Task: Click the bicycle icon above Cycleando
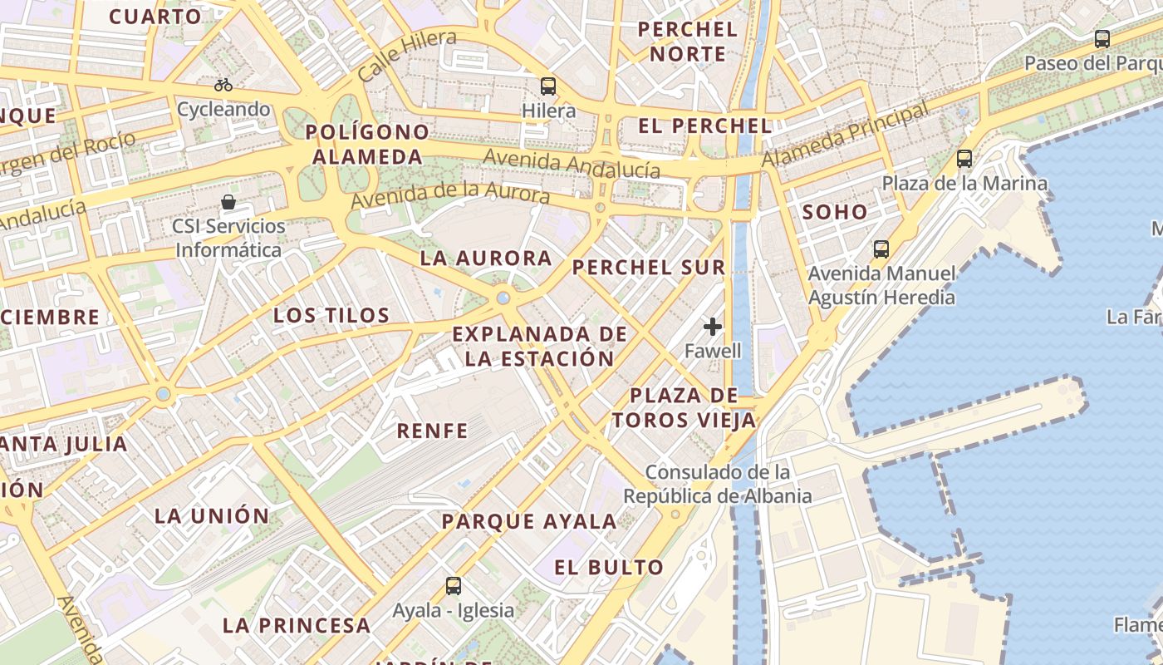click(x=223, y=85)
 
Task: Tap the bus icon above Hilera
click(x=548, y=86)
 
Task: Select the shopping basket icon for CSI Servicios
click(x=228, y=202)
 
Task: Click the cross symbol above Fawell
click(x=712, y=327)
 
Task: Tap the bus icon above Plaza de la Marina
click(x=964, y=158)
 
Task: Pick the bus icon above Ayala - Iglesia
click(x=454, y=585)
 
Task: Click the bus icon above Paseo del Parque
click(x=1102, y=38)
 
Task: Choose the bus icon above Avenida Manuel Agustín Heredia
click(x=881, y=249)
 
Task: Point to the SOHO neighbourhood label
click(x=835, y=212)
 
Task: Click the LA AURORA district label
click(x=486, y=258)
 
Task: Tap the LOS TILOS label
click(x=331, y=315)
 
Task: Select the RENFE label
click(x=432, y=430)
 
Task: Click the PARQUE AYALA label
click(x=529, y=522)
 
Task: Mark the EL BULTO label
click(x=610, y=568)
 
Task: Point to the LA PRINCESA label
click(x=297, y=625)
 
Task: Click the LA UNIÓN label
click(x=212, y=515)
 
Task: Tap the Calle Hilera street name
click(x=407, y=55)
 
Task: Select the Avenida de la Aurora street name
click(x=450, y=196)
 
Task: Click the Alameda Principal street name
click(x=845, y=135)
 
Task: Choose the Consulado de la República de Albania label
click(x=718, y=485)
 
